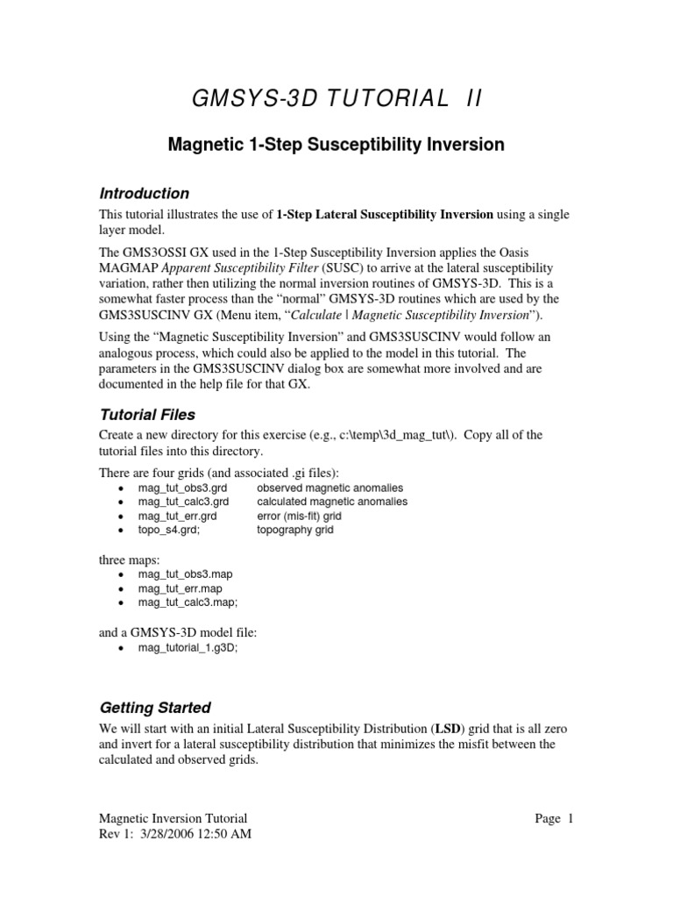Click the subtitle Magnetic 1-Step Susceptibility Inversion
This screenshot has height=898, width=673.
pos(336,145)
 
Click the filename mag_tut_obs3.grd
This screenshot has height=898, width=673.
pos(183,488)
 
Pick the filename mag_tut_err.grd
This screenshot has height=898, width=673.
pos(178,516)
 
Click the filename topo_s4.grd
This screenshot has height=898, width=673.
pos(171,530)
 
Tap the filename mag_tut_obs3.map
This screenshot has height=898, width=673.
pos(185,574)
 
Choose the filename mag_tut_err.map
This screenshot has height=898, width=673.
pos(180,588)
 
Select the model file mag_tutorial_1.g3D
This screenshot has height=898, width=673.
pos(188,647)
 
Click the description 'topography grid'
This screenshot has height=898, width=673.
pos(295,530)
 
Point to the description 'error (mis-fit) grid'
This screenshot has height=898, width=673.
pos(300,516)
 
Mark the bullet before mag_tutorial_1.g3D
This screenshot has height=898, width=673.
pos(120,648)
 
